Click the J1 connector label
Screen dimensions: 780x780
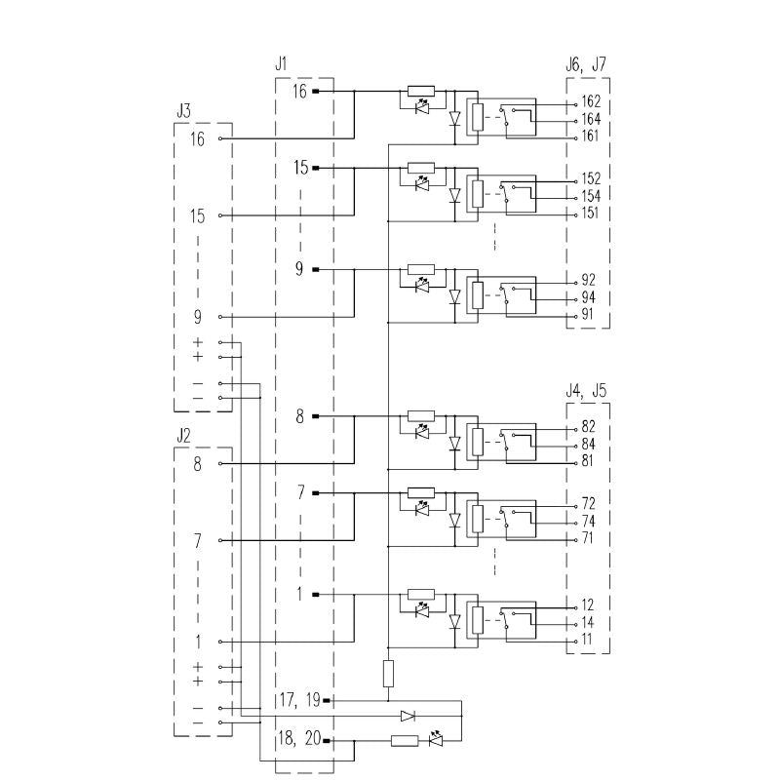tap(281, 64)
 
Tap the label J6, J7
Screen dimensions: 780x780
tap(585, 64)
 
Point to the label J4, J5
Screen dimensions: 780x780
tap(585, 391)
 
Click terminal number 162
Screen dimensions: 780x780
tap(590, 101)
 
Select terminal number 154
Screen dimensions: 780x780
tap(590, 196)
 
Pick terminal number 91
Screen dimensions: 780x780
tap(587, 315)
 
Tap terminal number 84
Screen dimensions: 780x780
tap(587, 445)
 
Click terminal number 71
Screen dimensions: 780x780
tap(587, 539)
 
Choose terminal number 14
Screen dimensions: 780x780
tap(587, 622)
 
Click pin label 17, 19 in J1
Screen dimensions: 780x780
tap(299, 699)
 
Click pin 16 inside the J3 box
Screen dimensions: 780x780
tap(197, 139)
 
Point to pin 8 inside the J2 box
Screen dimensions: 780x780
tap(197, 464)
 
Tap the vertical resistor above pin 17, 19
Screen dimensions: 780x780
tap(388, 673)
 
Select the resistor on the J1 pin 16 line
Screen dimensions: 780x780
tap(421, 91)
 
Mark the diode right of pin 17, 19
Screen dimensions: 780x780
tap(408, 716)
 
